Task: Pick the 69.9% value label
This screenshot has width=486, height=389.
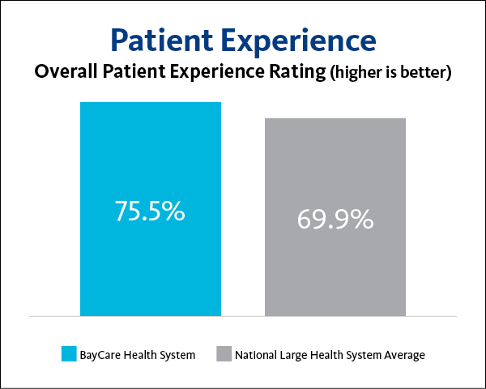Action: tap(335, 219)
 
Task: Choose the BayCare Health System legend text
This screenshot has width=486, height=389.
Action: tap(138, 354)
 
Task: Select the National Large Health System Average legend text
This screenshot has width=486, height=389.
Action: tap(330, 354)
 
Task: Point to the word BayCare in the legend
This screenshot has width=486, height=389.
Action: tap(100, 354)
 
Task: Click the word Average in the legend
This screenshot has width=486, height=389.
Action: tap(404, 354)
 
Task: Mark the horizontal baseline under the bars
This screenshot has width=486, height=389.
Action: tap(243, 315)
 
